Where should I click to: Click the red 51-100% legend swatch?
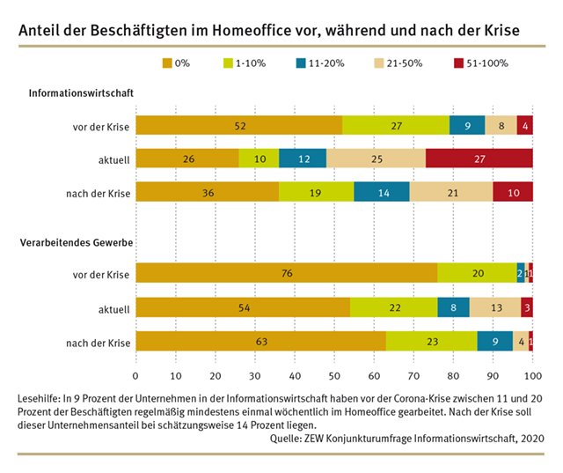click(x=458, y=63)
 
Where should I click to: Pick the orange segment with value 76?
click(x=286, y=274)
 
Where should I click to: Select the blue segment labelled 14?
click(x=382, y=191)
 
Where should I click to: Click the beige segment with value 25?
click(x=376, y=159)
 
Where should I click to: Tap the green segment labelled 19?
click(x=316, y=191)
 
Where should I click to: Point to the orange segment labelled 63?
click(x=260, y=342)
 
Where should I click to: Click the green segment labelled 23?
click(x=431, y=342)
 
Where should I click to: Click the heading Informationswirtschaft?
click(x=81, y=92)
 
